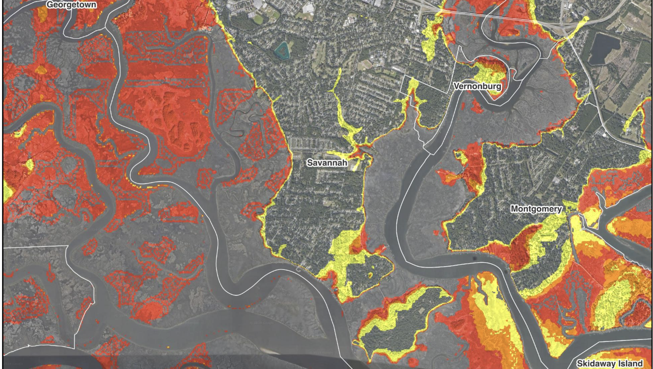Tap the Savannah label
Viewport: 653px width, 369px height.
[327, 163]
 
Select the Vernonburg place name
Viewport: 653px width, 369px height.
[477, 86]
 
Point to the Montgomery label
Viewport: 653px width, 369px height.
[536, 209]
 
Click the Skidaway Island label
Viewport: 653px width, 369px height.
[609, 363]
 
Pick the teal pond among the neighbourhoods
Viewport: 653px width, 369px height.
[283, 49]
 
